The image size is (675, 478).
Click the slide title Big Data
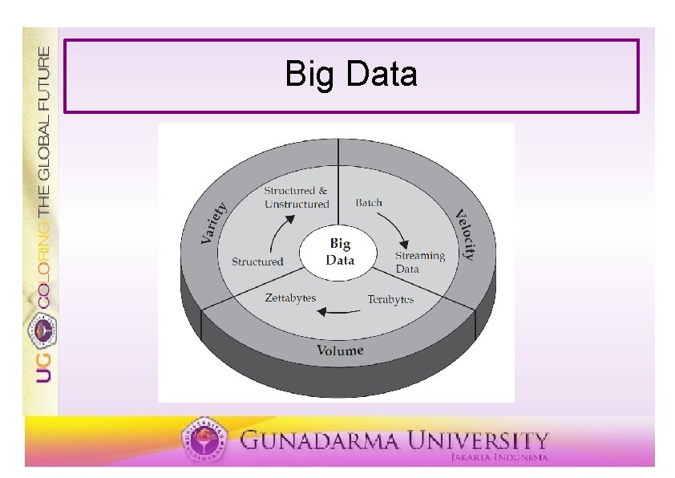351,75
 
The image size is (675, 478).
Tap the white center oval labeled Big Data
340,252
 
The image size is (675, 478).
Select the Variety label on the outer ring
214,223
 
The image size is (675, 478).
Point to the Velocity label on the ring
465,233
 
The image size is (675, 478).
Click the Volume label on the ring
339,350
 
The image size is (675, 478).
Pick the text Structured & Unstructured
297,197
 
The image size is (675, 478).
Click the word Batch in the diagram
369,202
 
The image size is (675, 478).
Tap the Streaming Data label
418,261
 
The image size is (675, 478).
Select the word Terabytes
390,299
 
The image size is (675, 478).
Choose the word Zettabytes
290,298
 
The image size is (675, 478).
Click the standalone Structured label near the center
257,261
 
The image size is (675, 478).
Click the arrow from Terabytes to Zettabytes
340,311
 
